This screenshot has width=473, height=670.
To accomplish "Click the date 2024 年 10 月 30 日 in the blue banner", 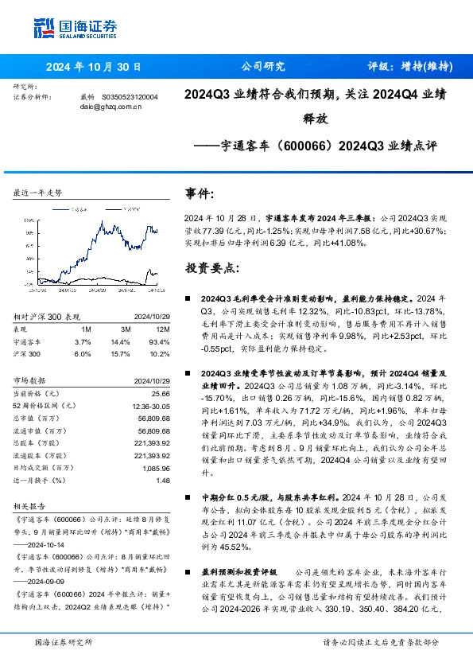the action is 95,67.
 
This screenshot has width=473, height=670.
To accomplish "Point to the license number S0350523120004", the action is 130,97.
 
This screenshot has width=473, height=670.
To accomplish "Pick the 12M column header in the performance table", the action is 163,328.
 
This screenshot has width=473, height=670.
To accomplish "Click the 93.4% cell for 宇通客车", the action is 162,341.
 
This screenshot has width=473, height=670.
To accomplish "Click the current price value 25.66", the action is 162,395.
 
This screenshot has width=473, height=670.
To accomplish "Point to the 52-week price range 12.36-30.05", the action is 150,407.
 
